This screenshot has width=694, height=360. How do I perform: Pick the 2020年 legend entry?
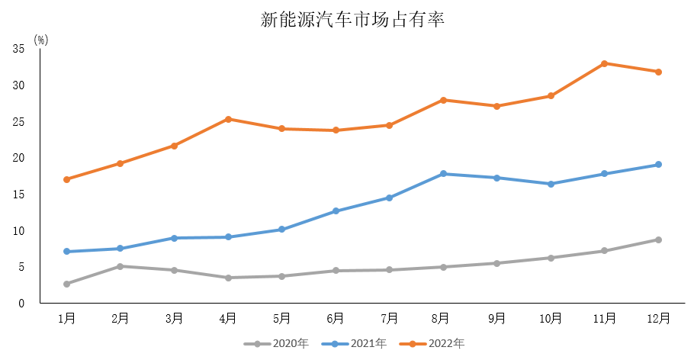click(282, 344)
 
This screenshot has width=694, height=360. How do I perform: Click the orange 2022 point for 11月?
click(604, 63)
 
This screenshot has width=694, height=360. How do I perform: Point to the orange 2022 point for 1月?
click(67, 179)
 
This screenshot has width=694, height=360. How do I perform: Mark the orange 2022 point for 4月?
click(228, 119)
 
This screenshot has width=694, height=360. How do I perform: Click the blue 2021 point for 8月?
click(443, 174)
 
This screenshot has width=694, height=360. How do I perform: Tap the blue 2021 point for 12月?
click(658, 165)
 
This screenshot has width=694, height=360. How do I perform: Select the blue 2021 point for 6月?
click(336, 211)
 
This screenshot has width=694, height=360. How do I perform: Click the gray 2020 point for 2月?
click(120, 266)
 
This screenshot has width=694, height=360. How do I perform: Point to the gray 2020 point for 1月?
click(67, 284)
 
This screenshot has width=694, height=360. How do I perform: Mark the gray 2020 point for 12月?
click(658, 239)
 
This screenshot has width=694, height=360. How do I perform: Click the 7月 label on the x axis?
click(389, 318)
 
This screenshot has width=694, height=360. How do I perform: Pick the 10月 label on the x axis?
click(551, 318)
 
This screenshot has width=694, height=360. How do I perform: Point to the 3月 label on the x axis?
click(174, 318)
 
